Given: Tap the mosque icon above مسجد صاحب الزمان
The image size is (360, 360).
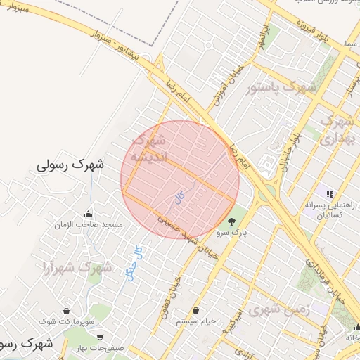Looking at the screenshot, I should coord(89,214).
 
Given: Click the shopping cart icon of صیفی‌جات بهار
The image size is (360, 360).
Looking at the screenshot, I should coord(101,337).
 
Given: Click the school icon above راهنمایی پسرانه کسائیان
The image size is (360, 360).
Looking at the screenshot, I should coord(328,193).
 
